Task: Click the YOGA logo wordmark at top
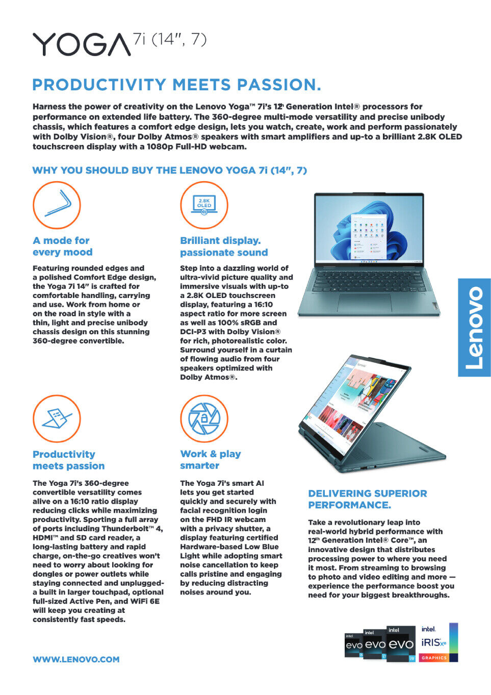pyautogui.click(x=82, y=44)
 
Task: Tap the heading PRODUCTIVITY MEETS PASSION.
pyautogui.click(x=176, y=85)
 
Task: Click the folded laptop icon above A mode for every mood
pyautogui.click(x=57, y=205)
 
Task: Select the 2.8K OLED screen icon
pyautogui.click(x=204, y=205)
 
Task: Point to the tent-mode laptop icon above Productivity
pyautogui.click(x=57, y=418)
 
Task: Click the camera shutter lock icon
pyautogui.click(x=204, y=418)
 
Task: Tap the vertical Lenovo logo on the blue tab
pyautogui.click(x=474, y=327)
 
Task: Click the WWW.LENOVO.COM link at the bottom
pyautogui.click(x=76, y=659)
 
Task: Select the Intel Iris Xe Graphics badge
pyautogui.click(x=439, y=643)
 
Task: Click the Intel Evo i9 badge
pyautogui.click(x=401, y=644)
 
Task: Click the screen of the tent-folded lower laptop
pyautogui.click(x=352, y=398)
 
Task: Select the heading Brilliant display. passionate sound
pyautogui.click(x=224, y=246)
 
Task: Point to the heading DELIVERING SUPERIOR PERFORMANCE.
pyautogui.click(x=367, y=499)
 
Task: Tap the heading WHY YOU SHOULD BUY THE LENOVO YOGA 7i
pyautogui.click(x=169, y=170)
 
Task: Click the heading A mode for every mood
pyautogui.click(x=62, y=246)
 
